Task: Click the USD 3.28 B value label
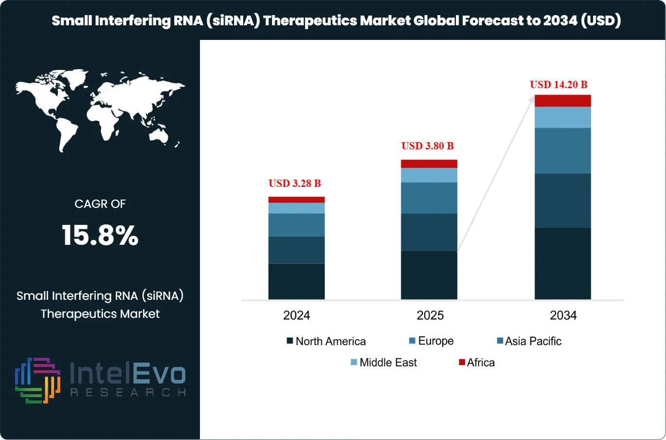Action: point(294,183)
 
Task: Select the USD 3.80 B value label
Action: point(427,146)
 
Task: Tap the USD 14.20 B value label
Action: point(558,85)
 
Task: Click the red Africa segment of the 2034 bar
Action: point(562,101)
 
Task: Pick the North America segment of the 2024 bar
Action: point(296,281)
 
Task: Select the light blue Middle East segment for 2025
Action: point(429,175)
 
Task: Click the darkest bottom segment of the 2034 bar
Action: point(562,263)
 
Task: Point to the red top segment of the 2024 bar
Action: point(296,200)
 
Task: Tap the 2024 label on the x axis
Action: point(296,315)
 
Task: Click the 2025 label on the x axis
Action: point(430,315)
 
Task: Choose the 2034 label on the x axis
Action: point(563,315)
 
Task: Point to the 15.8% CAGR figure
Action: point(100,236)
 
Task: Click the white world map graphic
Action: point(100,111)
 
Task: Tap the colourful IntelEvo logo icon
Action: point(37,380)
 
